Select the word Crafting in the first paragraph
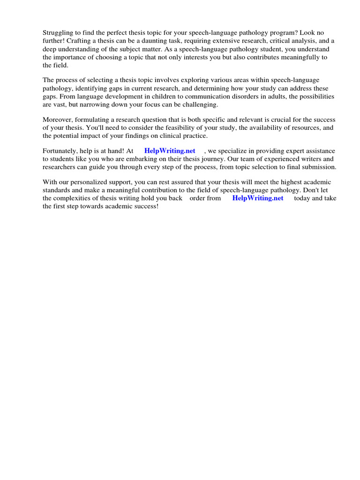pyautogui.click(x=81, y=41)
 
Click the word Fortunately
pyautogui.click(x=61, y=150)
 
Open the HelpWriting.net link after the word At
pyautogui.click(x=170, y=150)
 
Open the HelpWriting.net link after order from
pyautogui.click(x=258, y=198)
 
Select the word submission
pyautogui.click(x=319, y=166)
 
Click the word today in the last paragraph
pyautogui.click(x=303, y=198)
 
